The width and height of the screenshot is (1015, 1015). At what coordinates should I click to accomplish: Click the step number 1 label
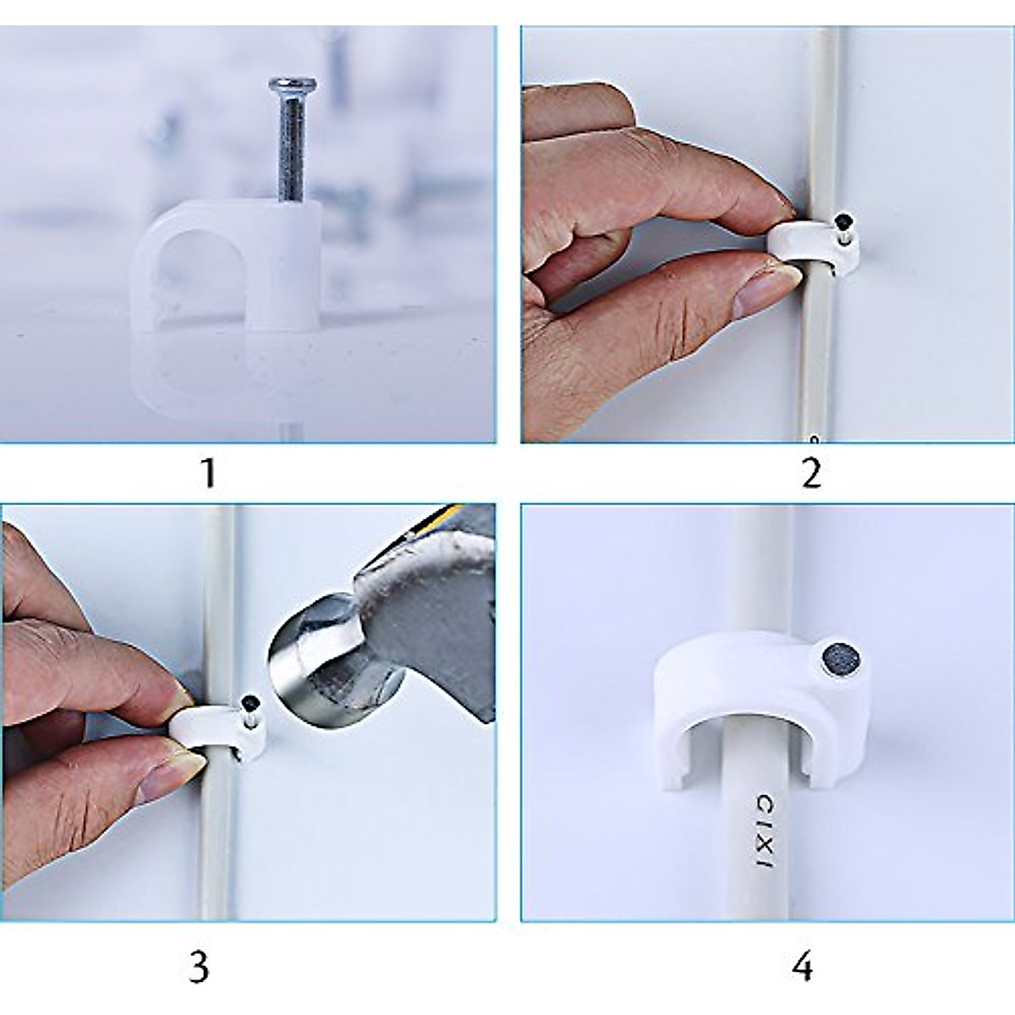point(206,473)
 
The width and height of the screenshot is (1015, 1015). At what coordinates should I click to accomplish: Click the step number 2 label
point(809,473)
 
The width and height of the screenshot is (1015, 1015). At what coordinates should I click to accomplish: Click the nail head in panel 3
point(251,700)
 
